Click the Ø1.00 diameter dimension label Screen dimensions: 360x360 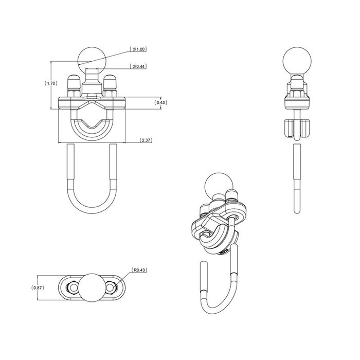coord(139,50)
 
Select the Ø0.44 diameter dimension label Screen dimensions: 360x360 coord(139,66)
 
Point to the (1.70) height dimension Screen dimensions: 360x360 coord(50,83)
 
